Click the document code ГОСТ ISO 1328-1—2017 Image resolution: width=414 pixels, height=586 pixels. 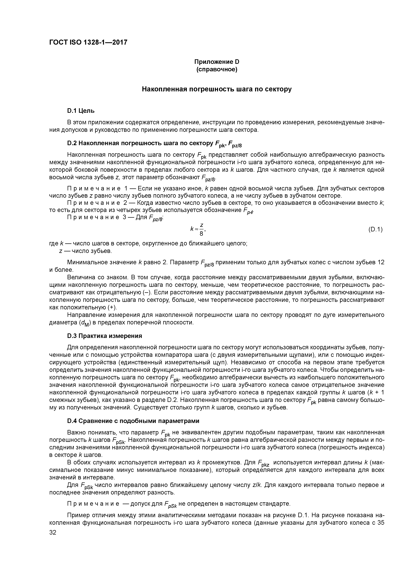pyautogui.click(x=88, y=42)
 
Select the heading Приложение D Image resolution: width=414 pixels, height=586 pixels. pyautogui.click(x=217, y=62)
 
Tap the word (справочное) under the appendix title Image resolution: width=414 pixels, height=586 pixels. pyautogui.click(x=217, y=69)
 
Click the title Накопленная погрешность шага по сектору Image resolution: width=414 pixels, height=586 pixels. pyautogui.click(x=217, y=89)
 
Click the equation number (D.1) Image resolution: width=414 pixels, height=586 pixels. pyautogui.click(x=375, y=230)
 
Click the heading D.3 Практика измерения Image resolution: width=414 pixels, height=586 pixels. pyautogui.click(x=104, y=336)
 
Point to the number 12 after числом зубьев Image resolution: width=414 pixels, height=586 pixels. pyautogui.click(x=381, y=262)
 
